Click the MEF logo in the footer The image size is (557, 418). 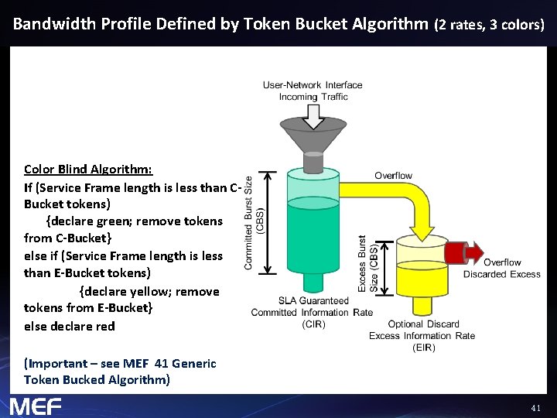35,406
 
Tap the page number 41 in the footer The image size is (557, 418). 535,407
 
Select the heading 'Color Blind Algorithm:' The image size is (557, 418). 87,169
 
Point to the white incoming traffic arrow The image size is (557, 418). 313,115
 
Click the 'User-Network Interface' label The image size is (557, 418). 313,85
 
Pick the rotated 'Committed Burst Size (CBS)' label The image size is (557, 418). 254,222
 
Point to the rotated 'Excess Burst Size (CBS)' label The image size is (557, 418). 367,264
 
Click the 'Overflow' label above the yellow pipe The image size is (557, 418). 393,176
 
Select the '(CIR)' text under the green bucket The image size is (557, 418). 313,324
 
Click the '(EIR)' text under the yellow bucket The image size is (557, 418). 422,347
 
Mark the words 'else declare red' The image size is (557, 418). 69,326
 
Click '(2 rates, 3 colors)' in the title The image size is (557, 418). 490,24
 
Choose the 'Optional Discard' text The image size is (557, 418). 423,324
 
